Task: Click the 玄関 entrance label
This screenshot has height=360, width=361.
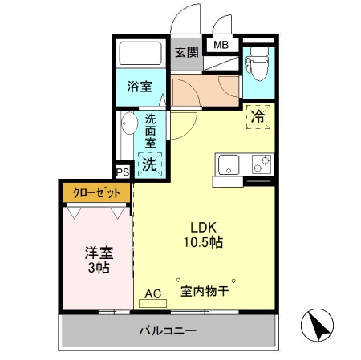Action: pos(186,52)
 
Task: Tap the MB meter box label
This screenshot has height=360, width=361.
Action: pos(221,45)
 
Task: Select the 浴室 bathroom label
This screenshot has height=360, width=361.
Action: pos(140,87)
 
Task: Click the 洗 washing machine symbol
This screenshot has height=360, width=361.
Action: pos(149,164)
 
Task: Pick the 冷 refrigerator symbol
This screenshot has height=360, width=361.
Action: pos(258,116)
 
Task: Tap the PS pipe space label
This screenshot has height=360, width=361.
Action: pos(123,172)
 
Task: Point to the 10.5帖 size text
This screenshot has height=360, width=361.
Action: pos(205,241)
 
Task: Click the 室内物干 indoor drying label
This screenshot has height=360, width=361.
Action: pos(205,292)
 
